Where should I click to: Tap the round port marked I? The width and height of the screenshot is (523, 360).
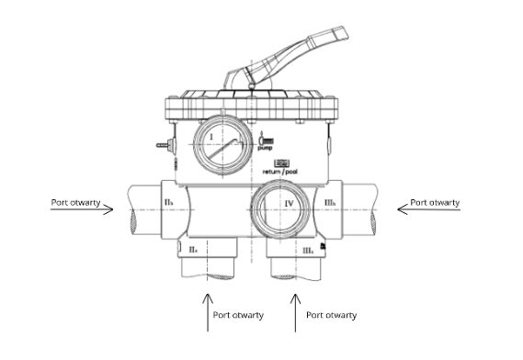coord(221,144)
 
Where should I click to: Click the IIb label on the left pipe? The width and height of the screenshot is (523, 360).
coord(167,201)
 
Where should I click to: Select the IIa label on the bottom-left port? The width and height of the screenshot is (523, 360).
coord(193,250)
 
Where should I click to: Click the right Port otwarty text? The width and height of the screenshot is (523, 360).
coord(435,202)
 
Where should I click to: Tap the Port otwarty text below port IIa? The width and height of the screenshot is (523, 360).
coord(238,315)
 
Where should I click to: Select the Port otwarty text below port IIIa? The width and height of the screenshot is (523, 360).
coord(331,315)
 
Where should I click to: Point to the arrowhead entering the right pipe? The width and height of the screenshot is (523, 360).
coord(402,208)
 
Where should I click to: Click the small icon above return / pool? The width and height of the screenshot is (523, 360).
coord(280,162)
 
